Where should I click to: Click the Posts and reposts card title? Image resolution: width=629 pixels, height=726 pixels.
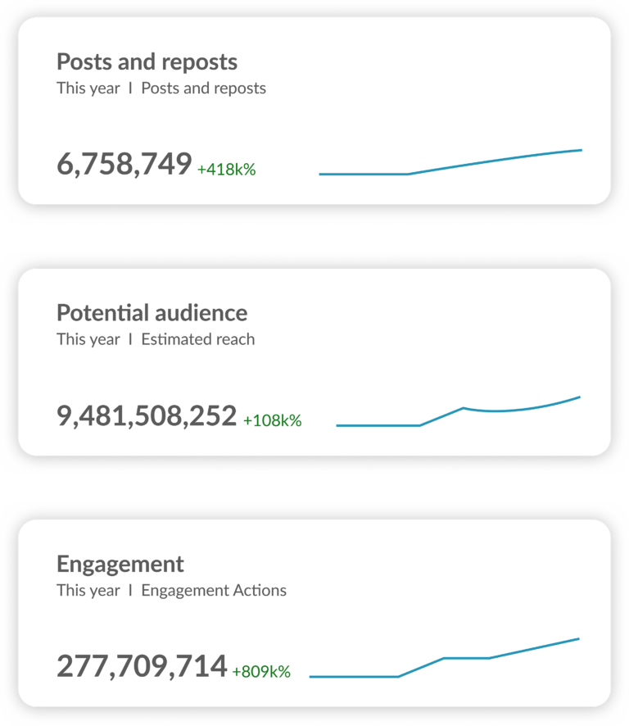[x=147, y=62]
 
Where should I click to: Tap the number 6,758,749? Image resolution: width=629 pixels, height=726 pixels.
[x=124, y=165]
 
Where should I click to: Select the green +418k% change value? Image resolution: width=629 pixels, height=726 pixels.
[x=227, y=170]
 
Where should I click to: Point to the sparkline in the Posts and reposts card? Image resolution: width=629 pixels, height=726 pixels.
[x=450, y=165]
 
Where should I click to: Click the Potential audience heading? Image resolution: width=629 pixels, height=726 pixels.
[x=152, y=313]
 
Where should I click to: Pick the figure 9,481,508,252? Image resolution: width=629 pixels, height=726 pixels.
[x=147, y=416]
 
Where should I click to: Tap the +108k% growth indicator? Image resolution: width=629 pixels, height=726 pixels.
[x=273, y=420]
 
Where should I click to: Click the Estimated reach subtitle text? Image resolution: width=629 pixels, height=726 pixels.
[x=197, y=339]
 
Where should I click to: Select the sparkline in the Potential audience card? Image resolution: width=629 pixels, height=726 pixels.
[x=459, y=412]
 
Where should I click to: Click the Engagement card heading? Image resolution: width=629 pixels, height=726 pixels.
[x=120, y=564]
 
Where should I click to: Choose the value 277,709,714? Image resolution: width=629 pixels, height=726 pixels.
[x=142, y=666]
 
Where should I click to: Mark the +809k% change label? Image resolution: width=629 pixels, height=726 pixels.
[x=261, y=671]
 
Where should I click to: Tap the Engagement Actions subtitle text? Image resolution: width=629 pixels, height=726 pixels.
[x=214, y=590]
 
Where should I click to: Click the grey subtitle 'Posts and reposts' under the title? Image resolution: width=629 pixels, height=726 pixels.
[x=203, y=88]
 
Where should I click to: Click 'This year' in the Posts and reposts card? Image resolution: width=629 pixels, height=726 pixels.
[x=88, y=88]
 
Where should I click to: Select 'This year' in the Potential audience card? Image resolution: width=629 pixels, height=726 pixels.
[x=88, y=339]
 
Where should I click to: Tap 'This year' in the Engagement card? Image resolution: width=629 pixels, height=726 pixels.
[x=88, y=590]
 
